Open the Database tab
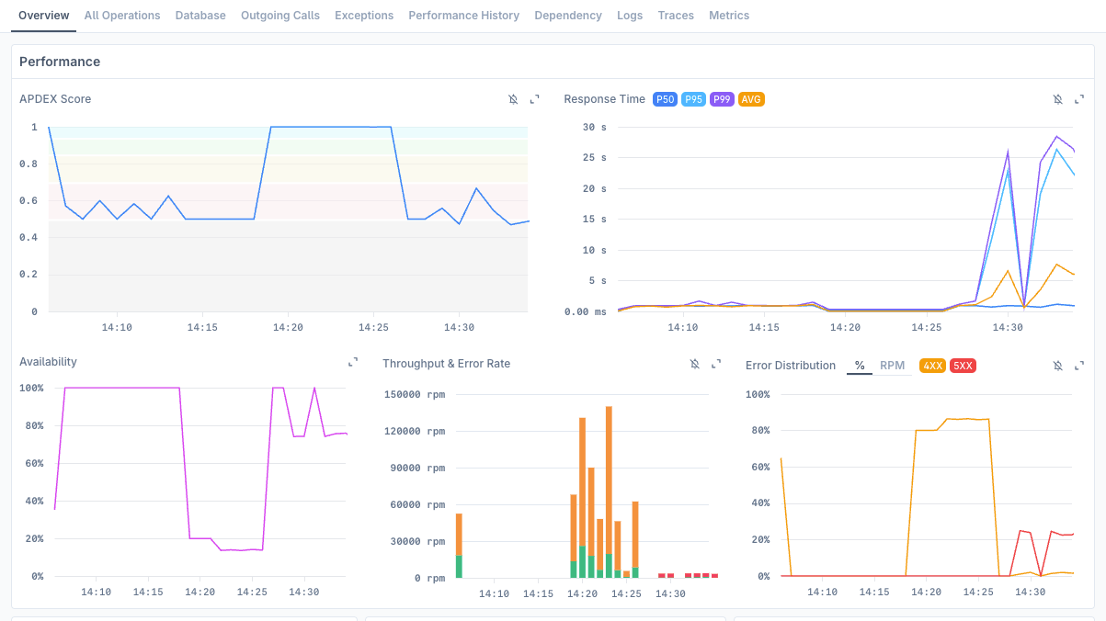pyautogui.click(x=200, y=16)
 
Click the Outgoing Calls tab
pyautogui.click(x=280, y=16)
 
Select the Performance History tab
pyautogui.click(x=463, y=16)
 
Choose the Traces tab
pyautogui.click(x=676, y=16)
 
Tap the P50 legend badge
pyautogui.click(x=665, y=99)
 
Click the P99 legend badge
pyautogui.click(x=722, y=99)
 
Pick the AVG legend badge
pyautogui.click(x=751, y=99)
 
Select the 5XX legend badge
pyautogui.click(x=963, y=366)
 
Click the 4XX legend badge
pyautogui.click(x=932, y=366)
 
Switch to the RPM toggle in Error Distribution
pyautogui.click(x=892, y=366)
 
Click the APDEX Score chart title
pyautogui.click(x=55, y=99)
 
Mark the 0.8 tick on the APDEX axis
pyautogui.click(x=29, y=164)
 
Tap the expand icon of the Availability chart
pyautogui.click(x=353, y=363)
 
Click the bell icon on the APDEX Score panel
pyautogui.click(x=513, y=99)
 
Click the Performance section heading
pyautogui.click(x=60, y=62)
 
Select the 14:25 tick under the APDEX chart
pyautogui.click(x=373, y=328)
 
